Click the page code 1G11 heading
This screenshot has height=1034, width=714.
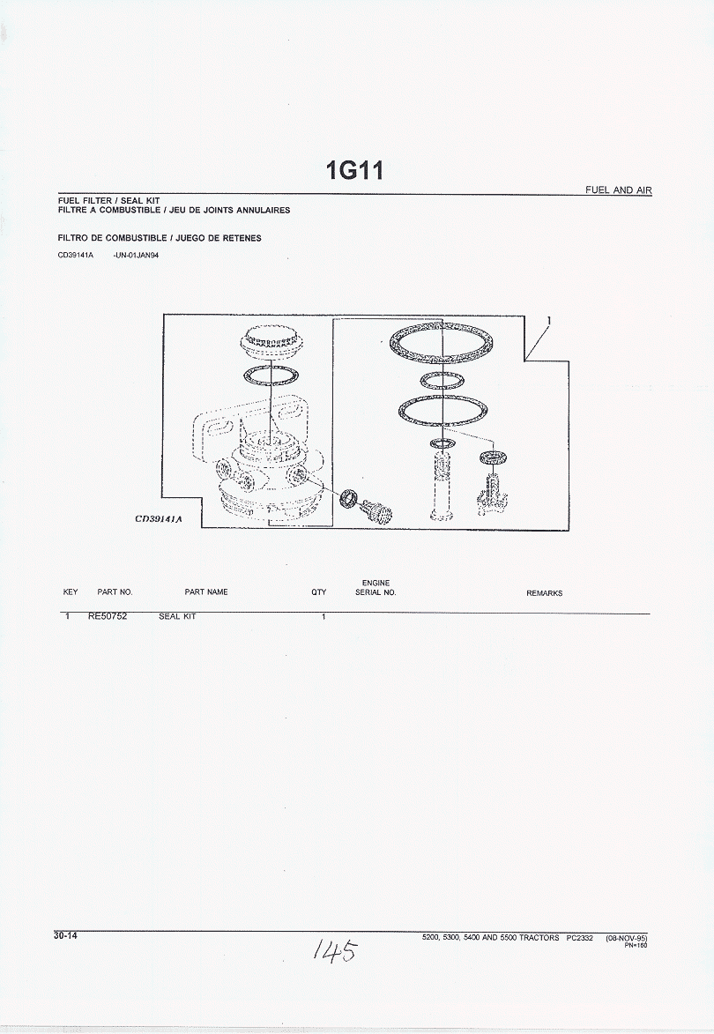tap(354, 171)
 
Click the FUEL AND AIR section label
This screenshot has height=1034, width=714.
tap(619, 190)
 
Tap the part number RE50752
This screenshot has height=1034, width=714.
tap(108, 616)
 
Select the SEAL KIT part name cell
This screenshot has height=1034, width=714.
tap(177, 616)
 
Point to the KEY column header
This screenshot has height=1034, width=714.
tap(71, 592)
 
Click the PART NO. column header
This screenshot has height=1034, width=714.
tap(115, 592)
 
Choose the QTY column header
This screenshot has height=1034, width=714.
tap(319, 592)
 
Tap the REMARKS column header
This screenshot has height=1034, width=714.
tap(545, 593)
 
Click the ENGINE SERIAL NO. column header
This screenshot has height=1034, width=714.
tap(376, 588)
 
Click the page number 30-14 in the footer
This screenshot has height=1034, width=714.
tap(66, 935)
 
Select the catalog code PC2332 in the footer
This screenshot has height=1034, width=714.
tap(580, 938)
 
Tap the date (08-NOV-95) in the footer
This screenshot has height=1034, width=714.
tap(627, 938)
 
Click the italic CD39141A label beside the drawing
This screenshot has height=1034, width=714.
tap(159, 519)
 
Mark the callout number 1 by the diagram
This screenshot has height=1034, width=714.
tap(548, 321)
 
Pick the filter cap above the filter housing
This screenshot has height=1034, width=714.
tap(271, 343)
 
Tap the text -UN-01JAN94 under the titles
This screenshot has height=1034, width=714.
tap(136, 256)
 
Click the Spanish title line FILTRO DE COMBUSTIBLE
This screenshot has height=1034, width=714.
tap(160, 238)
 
